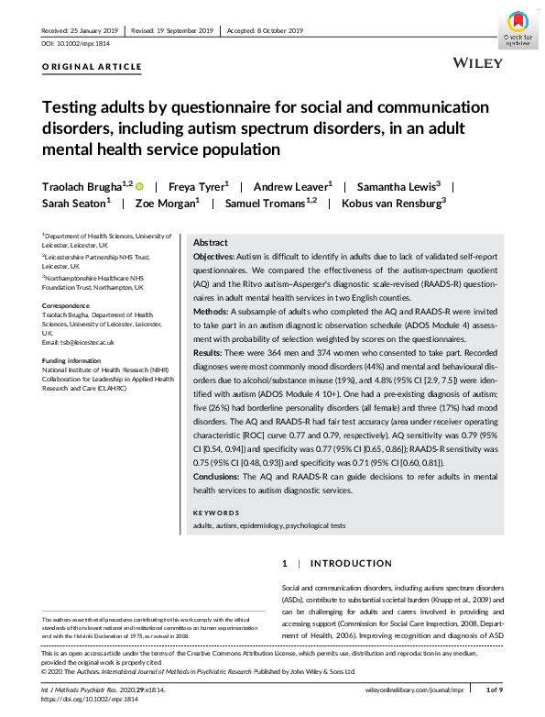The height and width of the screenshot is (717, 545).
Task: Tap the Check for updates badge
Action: tap(517, 28)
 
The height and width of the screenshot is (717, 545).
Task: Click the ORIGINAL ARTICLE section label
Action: tap(93, 67)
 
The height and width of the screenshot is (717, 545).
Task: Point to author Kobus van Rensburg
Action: tap(391, 204)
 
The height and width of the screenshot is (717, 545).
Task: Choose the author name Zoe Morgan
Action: tap(165, 204)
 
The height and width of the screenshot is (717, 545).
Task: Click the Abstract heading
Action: tap(211, 243)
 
